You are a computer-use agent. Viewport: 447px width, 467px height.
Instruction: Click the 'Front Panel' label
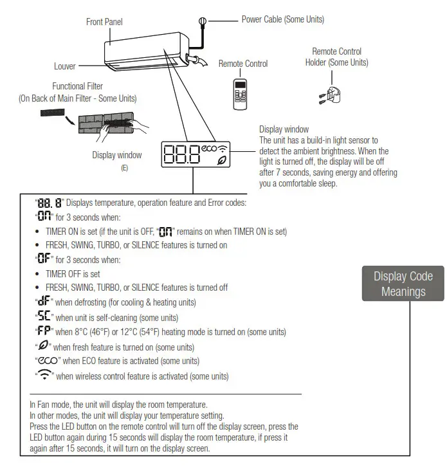(104, 22)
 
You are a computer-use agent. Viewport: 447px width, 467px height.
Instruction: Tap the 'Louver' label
(65, 66)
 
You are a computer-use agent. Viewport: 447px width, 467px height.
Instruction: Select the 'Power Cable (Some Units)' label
(282, 19)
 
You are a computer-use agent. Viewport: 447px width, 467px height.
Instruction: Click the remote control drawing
(241, 92)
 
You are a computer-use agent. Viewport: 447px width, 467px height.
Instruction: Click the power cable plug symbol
(203, 21)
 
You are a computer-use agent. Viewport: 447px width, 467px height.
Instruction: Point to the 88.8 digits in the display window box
(182, 154)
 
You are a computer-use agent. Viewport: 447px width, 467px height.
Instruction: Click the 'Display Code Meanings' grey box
(403, 284)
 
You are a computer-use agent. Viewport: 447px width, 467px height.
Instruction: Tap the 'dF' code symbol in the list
(44, 302)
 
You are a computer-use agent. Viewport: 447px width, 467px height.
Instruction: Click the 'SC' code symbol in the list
(44, 317)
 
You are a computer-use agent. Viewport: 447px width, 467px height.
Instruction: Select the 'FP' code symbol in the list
(44, 332)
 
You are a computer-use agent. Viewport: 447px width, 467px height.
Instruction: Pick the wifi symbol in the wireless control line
(44, 376)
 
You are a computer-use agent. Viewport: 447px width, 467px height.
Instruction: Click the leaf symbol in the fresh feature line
(43, 347)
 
